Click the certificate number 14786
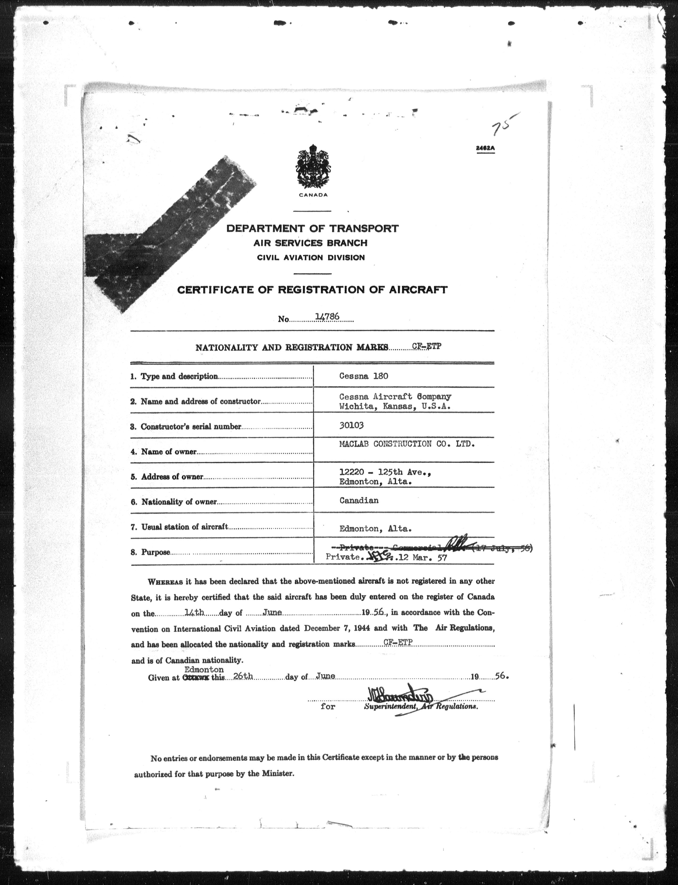click(327, 317)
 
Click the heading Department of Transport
click(312, 228)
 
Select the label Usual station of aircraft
click(184, 527)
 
